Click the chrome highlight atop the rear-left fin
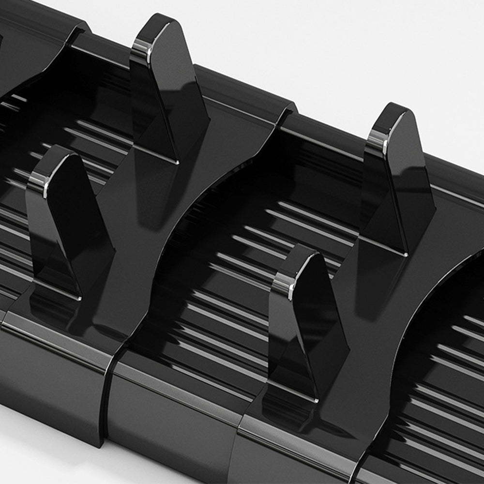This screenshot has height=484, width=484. coord(142,47)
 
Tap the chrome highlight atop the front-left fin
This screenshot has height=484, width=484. coord(39,181)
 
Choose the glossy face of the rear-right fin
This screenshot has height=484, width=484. coord(409,194)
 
